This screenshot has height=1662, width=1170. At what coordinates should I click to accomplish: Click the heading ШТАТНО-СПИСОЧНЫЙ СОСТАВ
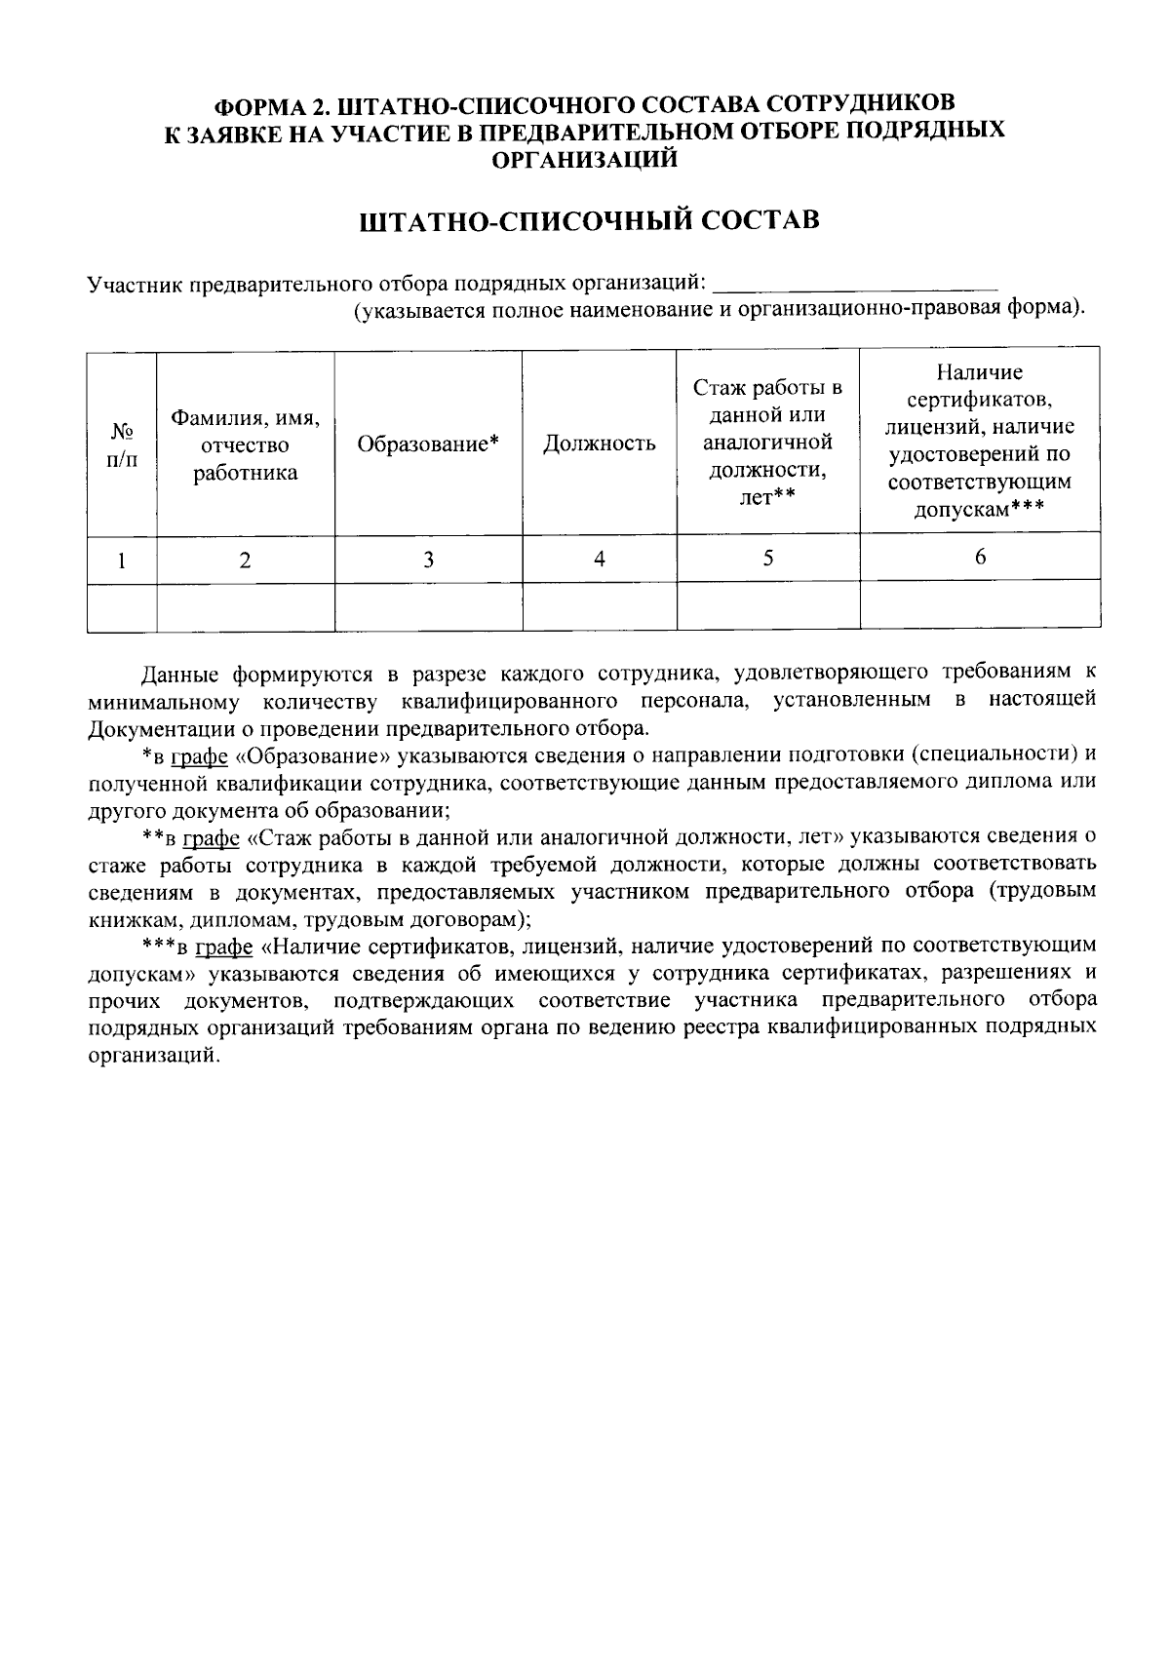(590, 220)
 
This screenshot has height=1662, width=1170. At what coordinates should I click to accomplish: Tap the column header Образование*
(428, 444)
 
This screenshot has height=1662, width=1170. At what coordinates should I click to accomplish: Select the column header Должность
(599, 444)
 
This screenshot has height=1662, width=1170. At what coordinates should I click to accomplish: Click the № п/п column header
(122, 444)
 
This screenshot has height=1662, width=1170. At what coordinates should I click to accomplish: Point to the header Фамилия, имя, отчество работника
(246, 445)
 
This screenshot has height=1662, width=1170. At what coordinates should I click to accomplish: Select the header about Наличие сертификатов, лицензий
(979, 442)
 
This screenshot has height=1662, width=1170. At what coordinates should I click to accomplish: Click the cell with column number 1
(122, 560)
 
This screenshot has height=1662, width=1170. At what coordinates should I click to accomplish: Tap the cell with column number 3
(428, 560)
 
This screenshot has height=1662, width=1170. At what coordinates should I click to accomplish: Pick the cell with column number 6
(980, 557)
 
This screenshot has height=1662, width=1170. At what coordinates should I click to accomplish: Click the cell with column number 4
(600, 560)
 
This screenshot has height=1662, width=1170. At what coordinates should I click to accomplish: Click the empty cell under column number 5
(767, 605)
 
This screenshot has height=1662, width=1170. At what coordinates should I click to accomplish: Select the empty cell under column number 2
(246, 606)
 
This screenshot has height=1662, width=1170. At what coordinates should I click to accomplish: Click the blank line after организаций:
(855, 286)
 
